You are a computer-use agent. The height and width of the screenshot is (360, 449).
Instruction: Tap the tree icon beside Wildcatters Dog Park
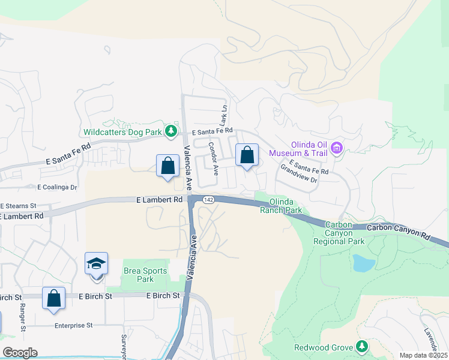pos(172,130)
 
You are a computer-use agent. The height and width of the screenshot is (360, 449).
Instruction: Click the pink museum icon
pos(336,148)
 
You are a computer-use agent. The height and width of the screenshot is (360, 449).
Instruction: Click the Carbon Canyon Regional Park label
pos(339,233)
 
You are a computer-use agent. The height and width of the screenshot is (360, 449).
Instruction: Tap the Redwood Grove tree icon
pos(361,346)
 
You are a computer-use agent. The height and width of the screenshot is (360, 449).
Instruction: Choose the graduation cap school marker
pos(96,265)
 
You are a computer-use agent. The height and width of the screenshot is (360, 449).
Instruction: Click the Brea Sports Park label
pos(145,275)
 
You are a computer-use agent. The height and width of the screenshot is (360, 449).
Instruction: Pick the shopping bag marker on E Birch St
pos(53,298)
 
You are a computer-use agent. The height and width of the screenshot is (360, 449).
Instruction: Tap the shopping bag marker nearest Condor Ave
pos(247,155)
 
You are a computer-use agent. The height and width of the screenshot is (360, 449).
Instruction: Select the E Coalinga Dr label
pos(58,187)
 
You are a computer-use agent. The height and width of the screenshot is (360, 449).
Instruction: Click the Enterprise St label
pos(73,325)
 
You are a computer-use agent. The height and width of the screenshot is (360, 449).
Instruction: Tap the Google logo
pos(20,353)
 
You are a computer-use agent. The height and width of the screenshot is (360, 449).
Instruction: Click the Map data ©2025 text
pos(423,355)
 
